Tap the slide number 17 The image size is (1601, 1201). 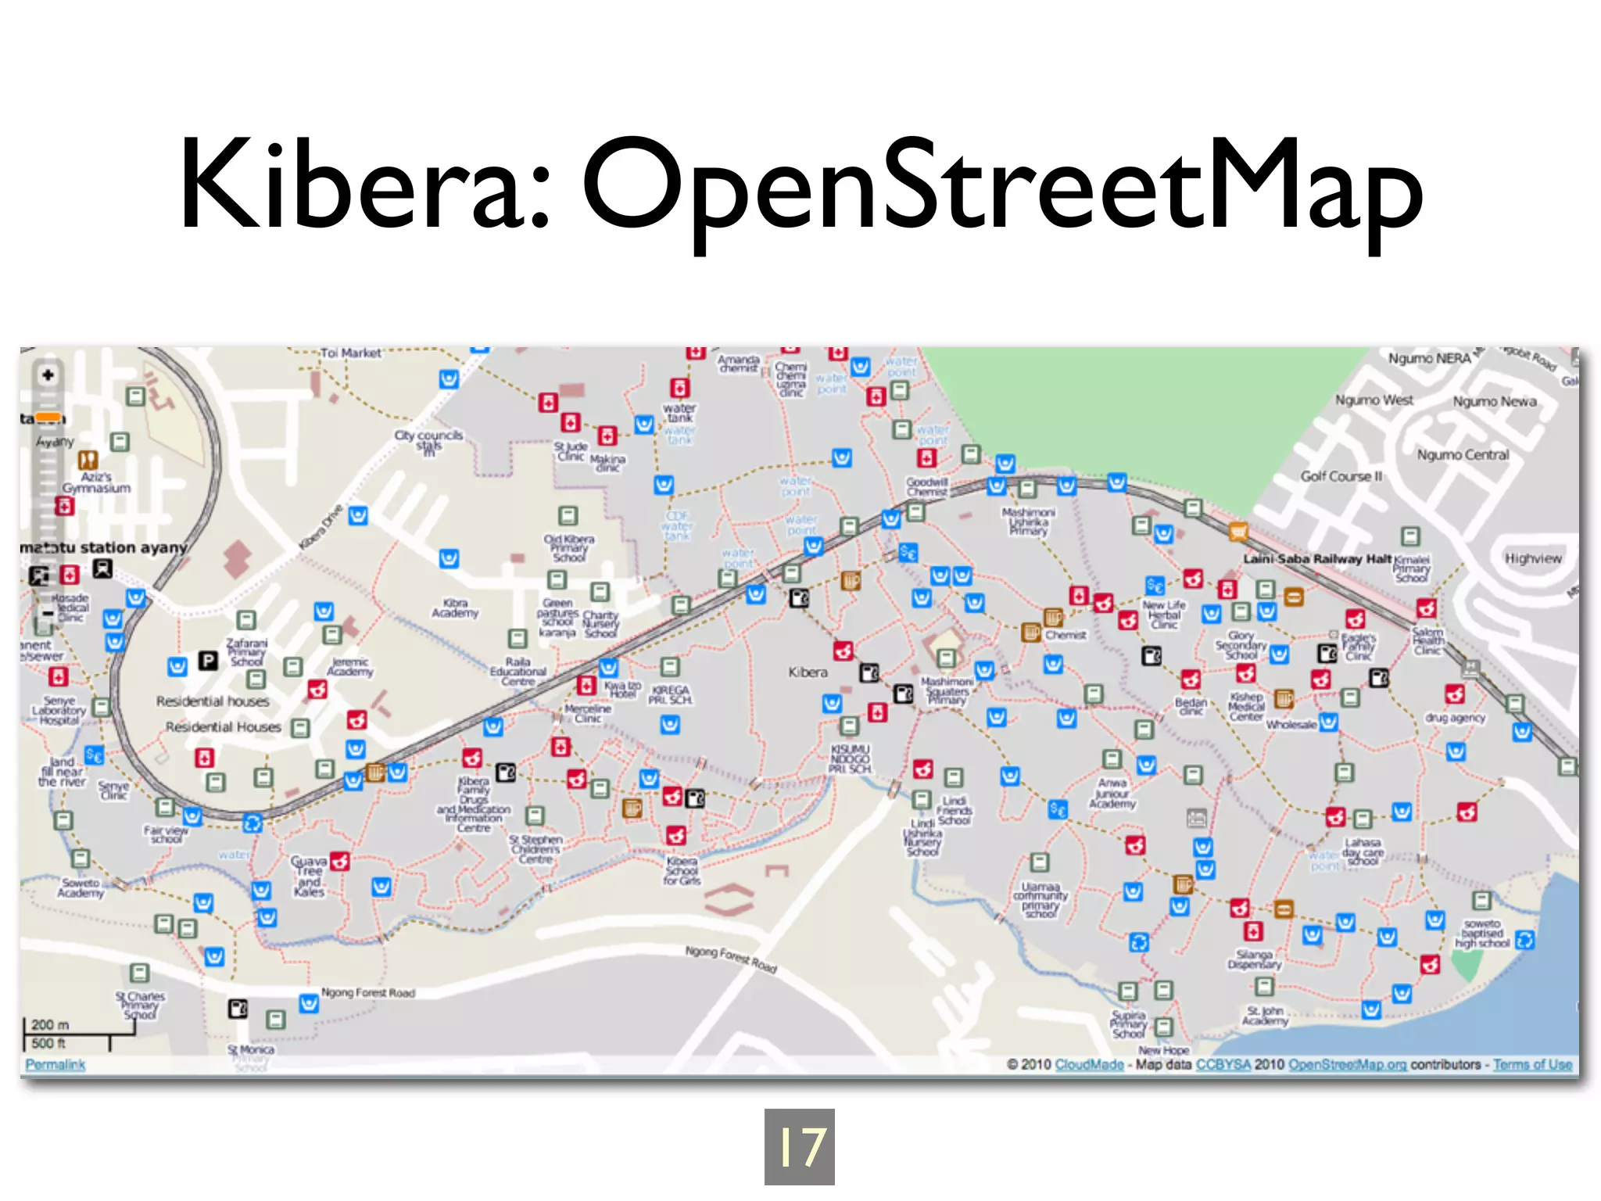[x=799, y=1146]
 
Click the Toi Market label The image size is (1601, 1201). [x=350, y=353]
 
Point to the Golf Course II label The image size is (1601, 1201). [x=1341, y=476]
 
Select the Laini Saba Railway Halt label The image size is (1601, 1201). [x=1317, y=558]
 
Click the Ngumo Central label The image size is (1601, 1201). [x=1463, y=455]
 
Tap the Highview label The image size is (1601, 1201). [x=1533, y=558]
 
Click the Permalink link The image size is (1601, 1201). [x=55, y=1064]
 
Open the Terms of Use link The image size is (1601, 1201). [x=1531, y=1064]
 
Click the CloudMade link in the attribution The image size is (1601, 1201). [x=1089, y=1064]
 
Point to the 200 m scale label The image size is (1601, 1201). [x=50, y=1024]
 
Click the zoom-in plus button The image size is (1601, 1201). [x=48, y=375]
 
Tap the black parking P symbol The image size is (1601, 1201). [x=207, y=661]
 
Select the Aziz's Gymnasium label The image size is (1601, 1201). [x=96, y=482]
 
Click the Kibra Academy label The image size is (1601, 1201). [x=455, y=608]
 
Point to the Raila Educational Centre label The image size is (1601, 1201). [x=518, y=671]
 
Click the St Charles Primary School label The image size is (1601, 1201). [x=141, y=1006]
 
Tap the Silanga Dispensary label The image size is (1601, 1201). [x=1254, y=959]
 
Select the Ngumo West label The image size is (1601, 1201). [x=1374, y=400]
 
